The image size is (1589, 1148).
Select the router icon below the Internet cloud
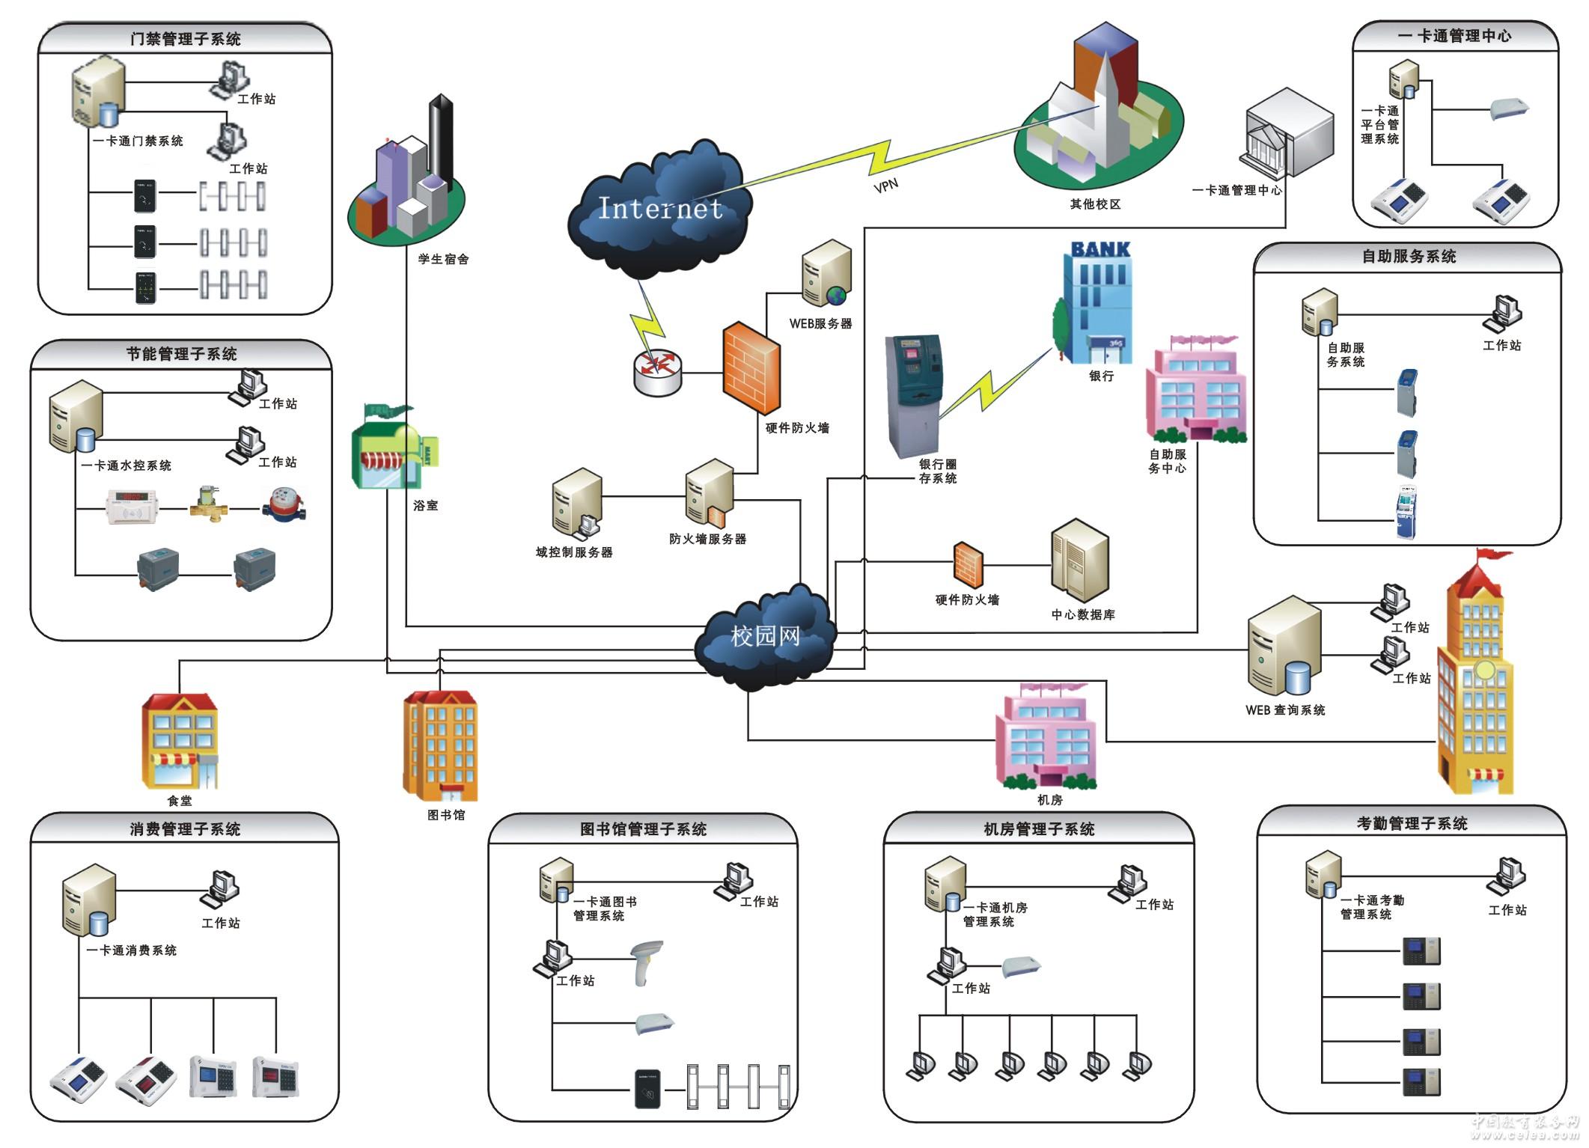pos(657,372)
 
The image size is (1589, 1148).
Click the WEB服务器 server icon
pos(826,274)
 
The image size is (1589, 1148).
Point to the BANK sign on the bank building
pos(1100,250)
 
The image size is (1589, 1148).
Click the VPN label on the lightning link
pos(885,185)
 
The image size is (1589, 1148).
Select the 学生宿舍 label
pos(443,259)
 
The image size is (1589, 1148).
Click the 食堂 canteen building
pos(180,741)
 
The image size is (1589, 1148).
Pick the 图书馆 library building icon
pos(440,745)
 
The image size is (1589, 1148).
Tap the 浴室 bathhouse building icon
pos(392,448)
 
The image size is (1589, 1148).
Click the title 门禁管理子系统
pos(185,39)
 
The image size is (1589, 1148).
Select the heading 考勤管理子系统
pos(1412,823)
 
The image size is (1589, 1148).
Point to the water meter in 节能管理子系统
pos(284,505)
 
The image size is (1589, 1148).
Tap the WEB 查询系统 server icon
pos(1283,647)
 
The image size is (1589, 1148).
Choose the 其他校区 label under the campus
pos(1094,204)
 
